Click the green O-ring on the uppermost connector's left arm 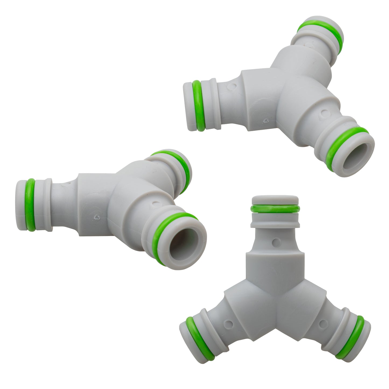point(198,106)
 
